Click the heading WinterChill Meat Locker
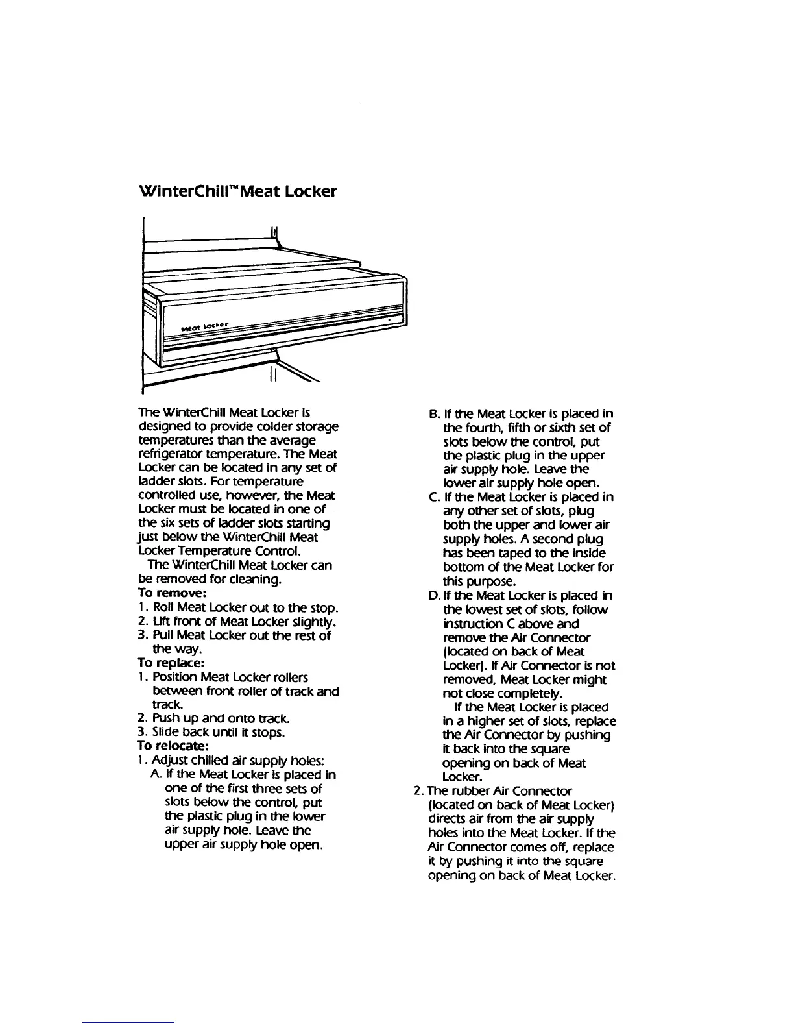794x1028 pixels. tap(238, 191)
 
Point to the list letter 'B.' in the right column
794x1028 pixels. tap(434, 413)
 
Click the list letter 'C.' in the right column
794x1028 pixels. tap(434, 497)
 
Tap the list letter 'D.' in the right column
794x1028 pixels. tap(434, 595)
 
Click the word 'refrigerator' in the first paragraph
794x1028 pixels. tap(171, 454)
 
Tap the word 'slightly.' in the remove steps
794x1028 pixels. tap(311, 622)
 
